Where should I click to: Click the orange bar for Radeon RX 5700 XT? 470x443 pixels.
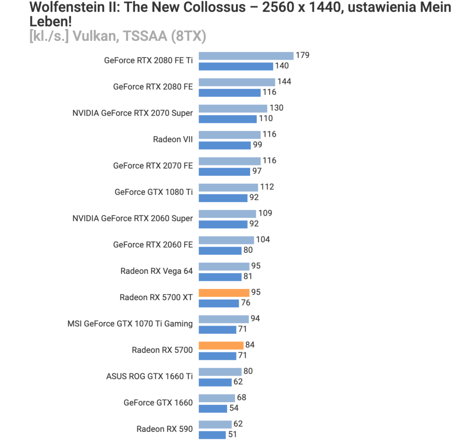(x=224, y=293)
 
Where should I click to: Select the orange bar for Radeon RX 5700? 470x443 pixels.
(x=221, y=345)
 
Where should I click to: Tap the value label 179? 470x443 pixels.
(x=303, y=55)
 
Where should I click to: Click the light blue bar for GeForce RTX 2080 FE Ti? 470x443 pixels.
(x=246, y=56)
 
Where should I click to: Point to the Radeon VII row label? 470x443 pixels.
(x=173, y=139)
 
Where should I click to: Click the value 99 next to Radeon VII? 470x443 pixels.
(x=258, y=145)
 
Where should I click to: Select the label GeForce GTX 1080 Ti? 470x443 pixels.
(x=154, y=192)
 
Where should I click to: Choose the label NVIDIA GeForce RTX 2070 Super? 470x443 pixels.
(x=133, y=113)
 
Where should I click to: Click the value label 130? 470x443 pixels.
(x=276, y=108)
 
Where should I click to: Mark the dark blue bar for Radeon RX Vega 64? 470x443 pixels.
(x=219, y=277)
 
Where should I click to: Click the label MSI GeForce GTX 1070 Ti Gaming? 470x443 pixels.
(x=130, y=323)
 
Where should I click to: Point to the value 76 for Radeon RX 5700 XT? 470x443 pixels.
(x=245, y=303)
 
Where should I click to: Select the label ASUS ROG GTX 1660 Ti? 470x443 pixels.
(x=149, y=376)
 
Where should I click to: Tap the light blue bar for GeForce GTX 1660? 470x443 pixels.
(x=217, y=398)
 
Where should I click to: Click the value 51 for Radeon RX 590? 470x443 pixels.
(x=233, y=435)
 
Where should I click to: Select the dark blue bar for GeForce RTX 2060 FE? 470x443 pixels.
(x=219, y=250)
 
